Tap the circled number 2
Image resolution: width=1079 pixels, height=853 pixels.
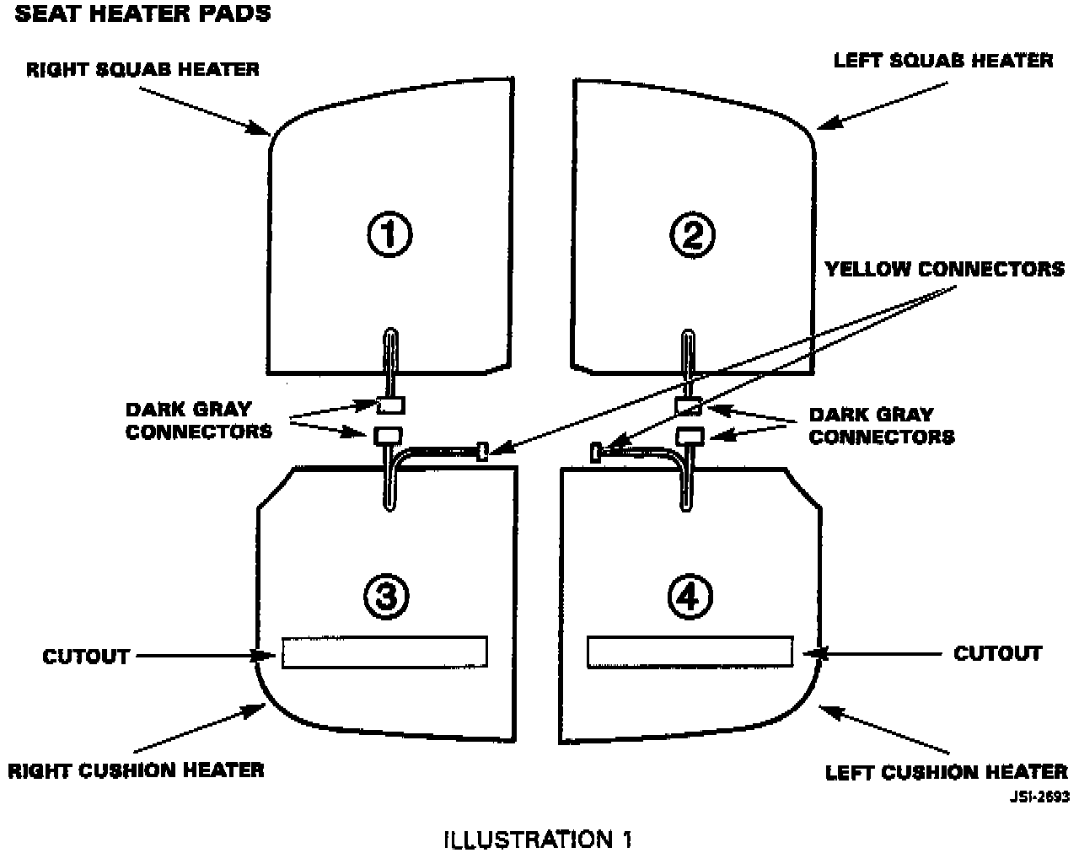point(692,235)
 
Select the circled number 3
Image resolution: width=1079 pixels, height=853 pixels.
point(387,597)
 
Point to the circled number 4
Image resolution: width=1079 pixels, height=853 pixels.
point(689,597)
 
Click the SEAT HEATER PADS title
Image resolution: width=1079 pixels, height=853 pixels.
point(143,14)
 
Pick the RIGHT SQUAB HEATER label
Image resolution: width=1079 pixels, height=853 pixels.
point(142,69)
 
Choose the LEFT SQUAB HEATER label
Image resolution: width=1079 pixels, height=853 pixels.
point(942,61)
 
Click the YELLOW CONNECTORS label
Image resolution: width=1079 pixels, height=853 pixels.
point(944,269)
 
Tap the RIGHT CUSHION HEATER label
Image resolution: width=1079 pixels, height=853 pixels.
point(136,770)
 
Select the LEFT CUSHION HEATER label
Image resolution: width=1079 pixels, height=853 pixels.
point(946,772)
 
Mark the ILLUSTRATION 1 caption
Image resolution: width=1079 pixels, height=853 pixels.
point(537,839)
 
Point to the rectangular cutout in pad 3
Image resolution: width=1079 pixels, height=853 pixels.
point(384,652)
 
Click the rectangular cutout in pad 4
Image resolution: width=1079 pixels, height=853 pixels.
point(690,652)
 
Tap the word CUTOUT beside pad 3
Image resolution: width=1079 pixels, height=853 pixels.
point(86,656)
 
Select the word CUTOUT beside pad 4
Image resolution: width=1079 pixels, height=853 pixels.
point(997,653)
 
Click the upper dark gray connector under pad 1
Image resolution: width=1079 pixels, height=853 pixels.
point(389,405)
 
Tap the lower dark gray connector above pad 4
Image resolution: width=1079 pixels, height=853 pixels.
point(690,435)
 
